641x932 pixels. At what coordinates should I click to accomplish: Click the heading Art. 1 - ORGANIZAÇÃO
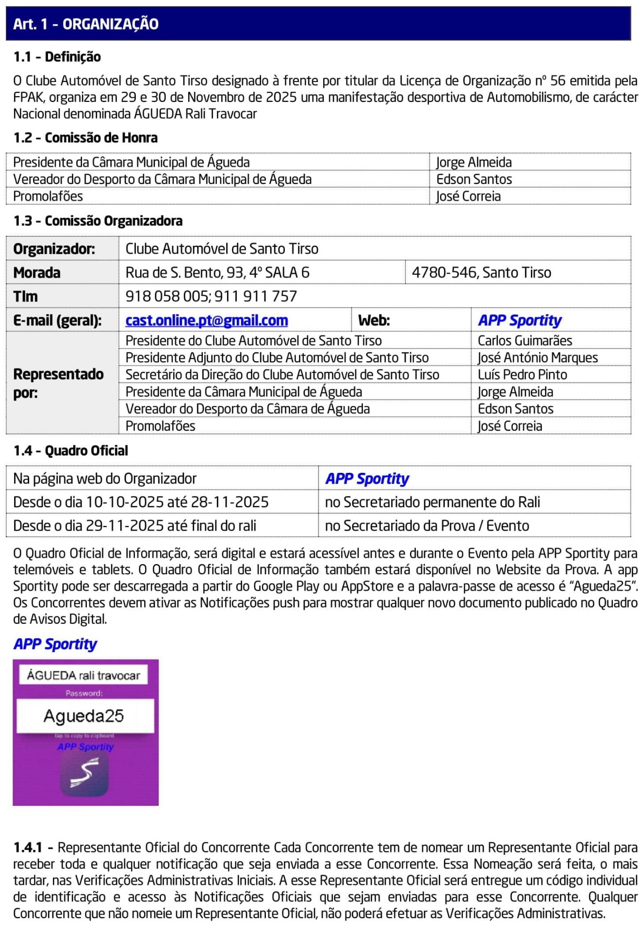(86, 24)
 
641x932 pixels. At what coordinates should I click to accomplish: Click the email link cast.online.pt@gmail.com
(207, 320)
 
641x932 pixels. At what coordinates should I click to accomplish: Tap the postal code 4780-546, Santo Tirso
(481, 272)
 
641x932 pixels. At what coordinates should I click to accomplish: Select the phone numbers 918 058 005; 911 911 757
(211, 296)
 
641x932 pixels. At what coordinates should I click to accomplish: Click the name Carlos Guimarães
(525, 340)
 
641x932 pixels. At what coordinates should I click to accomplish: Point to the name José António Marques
(538, 358)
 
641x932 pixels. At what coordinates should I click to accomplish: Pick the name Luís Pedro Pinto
(522, 375)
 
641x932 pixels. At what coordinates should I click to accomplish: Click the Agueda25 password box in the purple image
(84, 716)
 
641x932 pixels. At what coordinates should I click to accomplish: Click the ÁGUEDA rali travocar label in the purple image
(83, 675)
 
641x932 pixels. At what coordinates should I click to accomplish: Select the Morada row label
(37, 272)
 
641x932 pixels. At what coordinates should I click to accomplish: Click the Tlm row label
(25, 296)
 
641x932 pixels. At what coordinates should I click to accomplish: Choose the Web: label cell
(374, 320)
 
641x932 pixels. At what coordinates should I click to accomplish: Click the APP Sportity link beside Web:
(520, 320)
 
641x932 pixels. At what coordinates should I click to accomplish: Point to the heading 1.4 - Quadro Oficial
(71, 450)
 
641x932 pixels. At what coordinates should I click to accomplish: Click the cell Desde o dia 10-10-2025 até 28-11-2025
(141, 502)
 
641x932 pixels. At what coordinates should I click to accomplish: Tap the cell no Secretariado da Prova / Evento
(427, 526)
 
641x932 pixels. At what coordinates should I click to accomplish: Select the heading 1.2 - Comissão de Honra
(85, 138)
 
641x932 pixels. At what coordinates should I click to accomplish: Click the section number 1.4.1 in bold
(28, 848)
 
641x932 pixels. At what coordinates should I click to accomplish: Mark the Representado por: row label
(58, 383)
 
